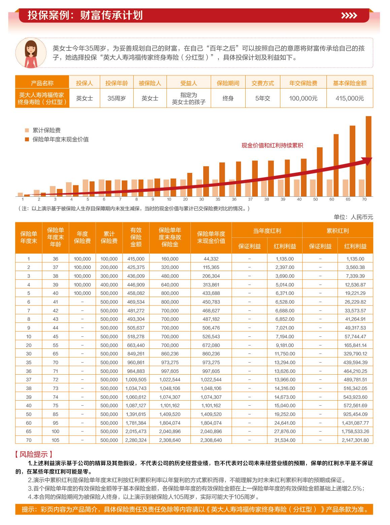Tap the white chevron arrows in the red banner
(x=349, y=15)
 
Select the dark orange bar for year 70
(x=368, y=156)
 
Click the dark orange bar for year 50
(x=320, y=172)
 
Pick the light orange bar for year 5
(x=85, y=188)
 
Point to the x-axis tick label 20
(x=185, y=199)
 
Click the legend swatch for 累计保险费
(x=27, y=130)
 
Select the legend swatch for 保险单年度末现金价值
(x=27, y=139)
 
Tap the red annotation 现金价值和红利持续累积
(x=272, y=145)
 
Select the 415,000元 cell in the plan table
(x=350, y=98)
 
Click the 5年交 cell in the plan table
(x=262, y=98)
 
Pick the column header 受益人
(x=188, y=83)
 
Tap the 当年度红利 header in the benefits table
(x=267, y=231)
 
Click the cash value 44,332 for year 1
(x=211, y=259)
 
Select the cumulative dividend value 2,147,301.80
(x=355, y=440)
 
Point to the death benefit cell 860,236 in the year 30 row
(x=170, y=354)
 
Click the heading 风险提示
(x=34, y=454)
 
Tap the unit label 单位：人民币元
(x=353, y=217)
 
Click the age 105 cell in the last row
(x=56, y=440)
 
